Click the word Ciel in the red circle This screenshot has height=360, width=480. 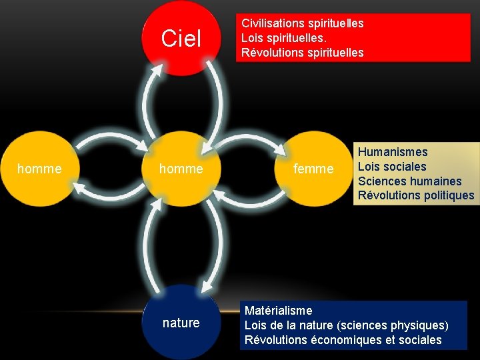pyautogui.click(x=181, y=39)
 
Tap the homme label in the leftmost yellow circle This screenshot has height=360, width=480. pyautogui.click(x=39, y=169)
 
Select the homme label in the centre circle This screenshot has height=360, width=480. pyautogui.click(x=181, y=169)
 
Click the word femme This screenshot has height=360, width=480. pyautogui.click(x=313, y=169)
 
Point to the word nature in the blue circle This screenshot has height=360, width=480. pyautogui.click(x=181, y=323)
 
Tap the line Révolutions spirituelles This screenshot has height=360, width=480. pyautogui.click(x=302, y=53)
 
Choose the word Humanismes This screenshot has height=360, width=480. pyautogui.click(x=393, y=152)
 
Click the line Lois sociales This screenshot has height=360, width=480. pyautogui.click(x=392, y=167)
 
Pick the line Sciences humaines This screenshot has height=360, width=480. pyautogui.click(x=409, y=181)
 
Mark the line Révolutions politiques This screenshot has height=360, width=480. pyautogui.click(x=416, y=195)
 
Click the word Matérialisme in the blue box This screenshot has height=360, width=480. pyautogui.click(x=278, y=311)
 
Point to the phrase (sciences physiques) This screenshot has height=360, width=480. pyautogui.click(x=393, y=325)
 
